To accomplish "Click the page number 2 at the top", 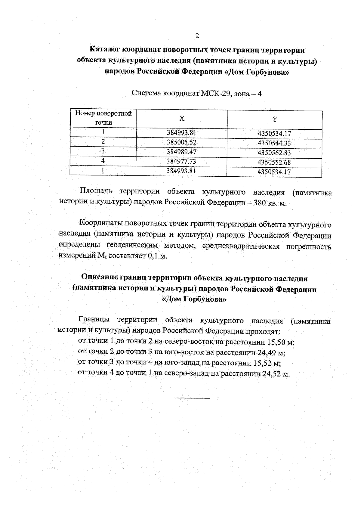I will point(197,36).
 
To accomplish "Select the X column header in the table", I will point(182,119).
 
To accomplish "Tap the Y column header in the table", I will point(274,119).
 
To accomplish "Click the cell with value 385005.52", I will point(181,142).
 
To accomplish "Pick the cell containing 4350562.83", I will point(274,153).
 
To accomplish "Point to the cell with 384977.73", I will point(181,162).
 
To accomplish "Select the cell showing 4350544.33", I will point(274,143).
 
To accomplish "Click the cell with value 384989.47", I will point(181,152).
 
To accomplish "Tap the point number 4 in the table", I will point(103,161).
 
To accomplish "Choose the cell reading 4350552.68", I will point(274,163).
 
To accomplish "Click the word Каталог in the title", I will point(105,49).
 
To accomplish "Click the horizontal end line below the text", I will point(193,398).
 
